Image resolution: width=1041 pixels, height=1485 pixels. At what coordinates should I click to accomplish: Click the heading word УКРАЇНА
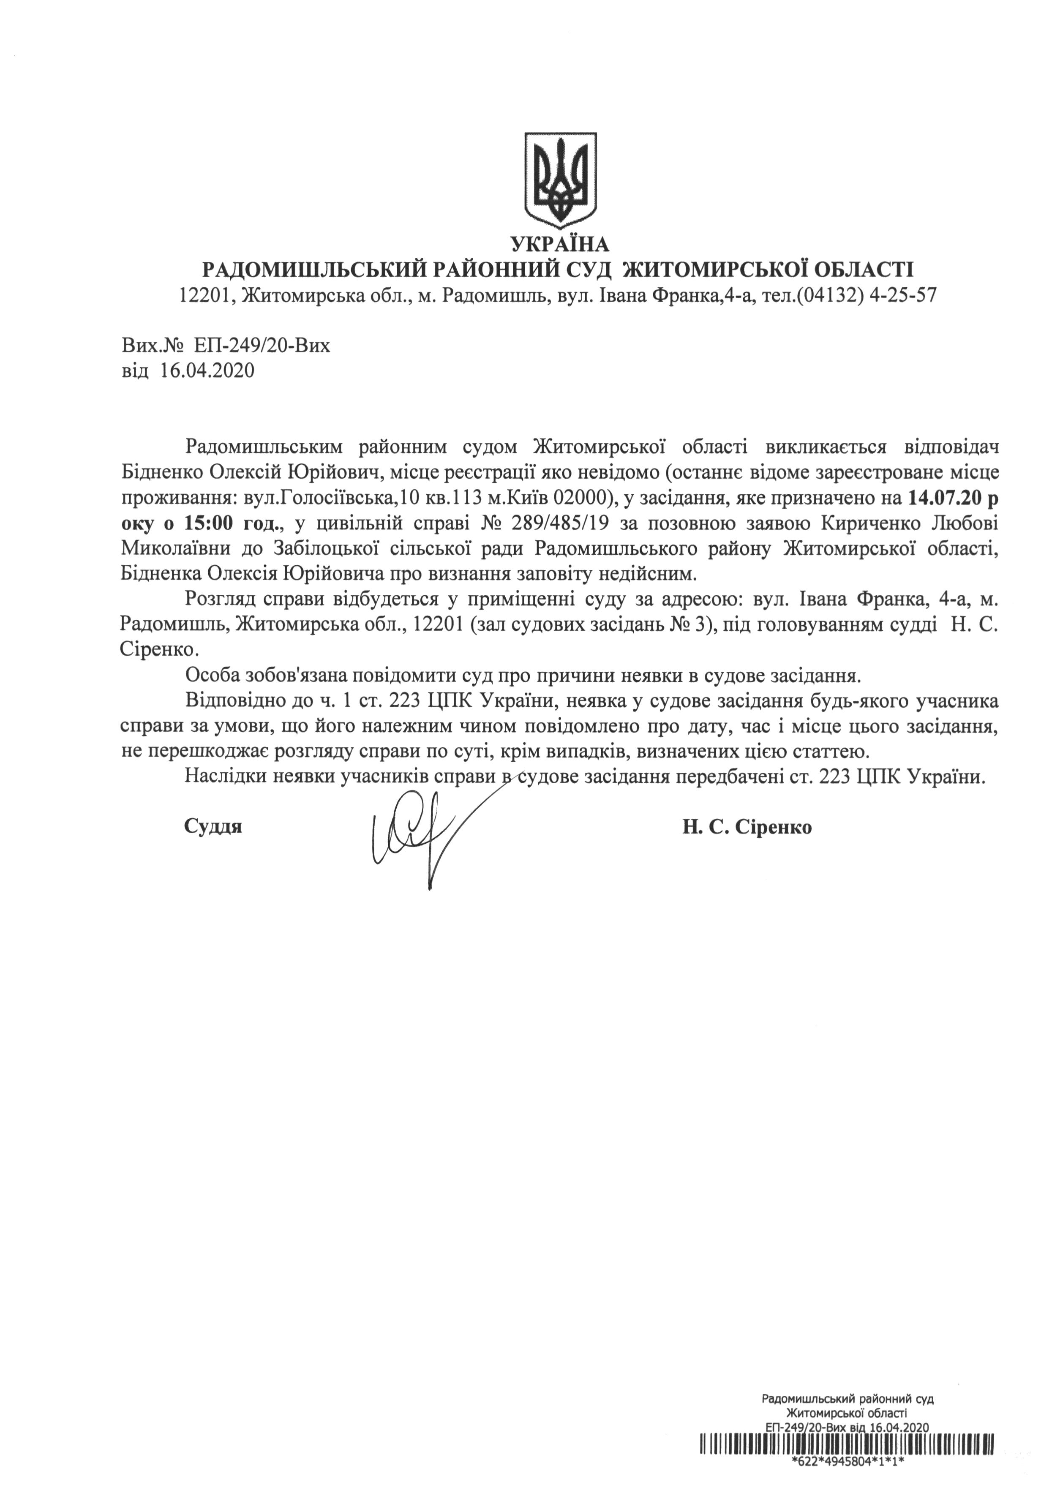pos(560,245)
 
